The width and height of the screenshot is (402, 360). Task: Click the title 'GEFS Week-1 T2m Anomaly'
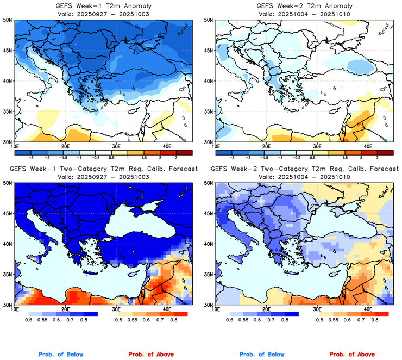pyautogui.click(x=103, y=5)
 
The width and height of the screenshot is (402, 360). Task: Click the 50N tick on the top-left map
pyautogui.click(x=7, y=20)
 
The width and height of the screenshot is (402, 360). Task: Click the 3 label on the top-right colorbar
pyautogui.click(x=377, y=158)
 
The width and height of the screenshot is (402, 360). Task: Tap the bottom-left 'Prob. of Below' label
pyautogui.click(x=60, y=355)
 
